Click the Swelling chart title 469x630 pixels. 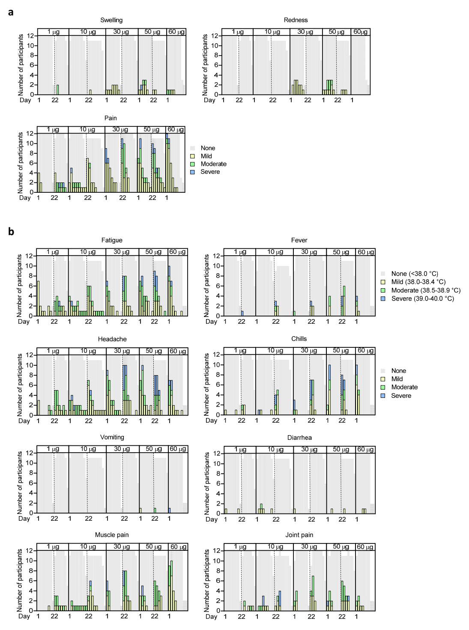(111, 20)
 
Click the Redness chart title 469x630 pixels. (296, 20)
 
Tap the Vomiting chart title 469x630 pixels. (112, 437)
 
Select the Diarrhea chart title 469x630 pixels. (299, 438)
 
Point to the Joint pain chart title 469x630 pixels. (299, 535)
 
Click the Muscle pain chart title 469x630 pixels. (112, 535)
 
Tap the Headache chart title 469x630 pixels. (112, 339)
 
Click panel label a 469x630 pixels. (11, 12)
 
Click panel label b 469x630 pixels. (11, 232)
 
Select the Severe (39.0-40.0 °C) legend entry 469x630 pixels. (422, 299)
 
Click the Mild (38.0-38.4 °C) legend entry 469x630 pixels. (418, 282)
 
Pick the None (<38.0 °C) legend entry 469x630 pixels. (415, 274)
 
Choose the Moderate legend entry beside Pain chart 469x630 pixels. (213, 164)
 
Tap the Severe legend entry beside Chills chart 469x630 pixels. (401, 396)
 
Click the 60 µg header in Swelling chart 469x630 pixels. (176, 32)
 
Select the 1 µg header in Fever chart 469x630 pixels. (240, 252)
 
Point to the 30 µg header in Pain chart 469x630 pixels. (120, 129)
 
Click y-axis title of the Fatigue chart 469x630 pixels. (20, 286)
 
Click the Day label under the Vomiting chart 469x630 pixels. (24, 519)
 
